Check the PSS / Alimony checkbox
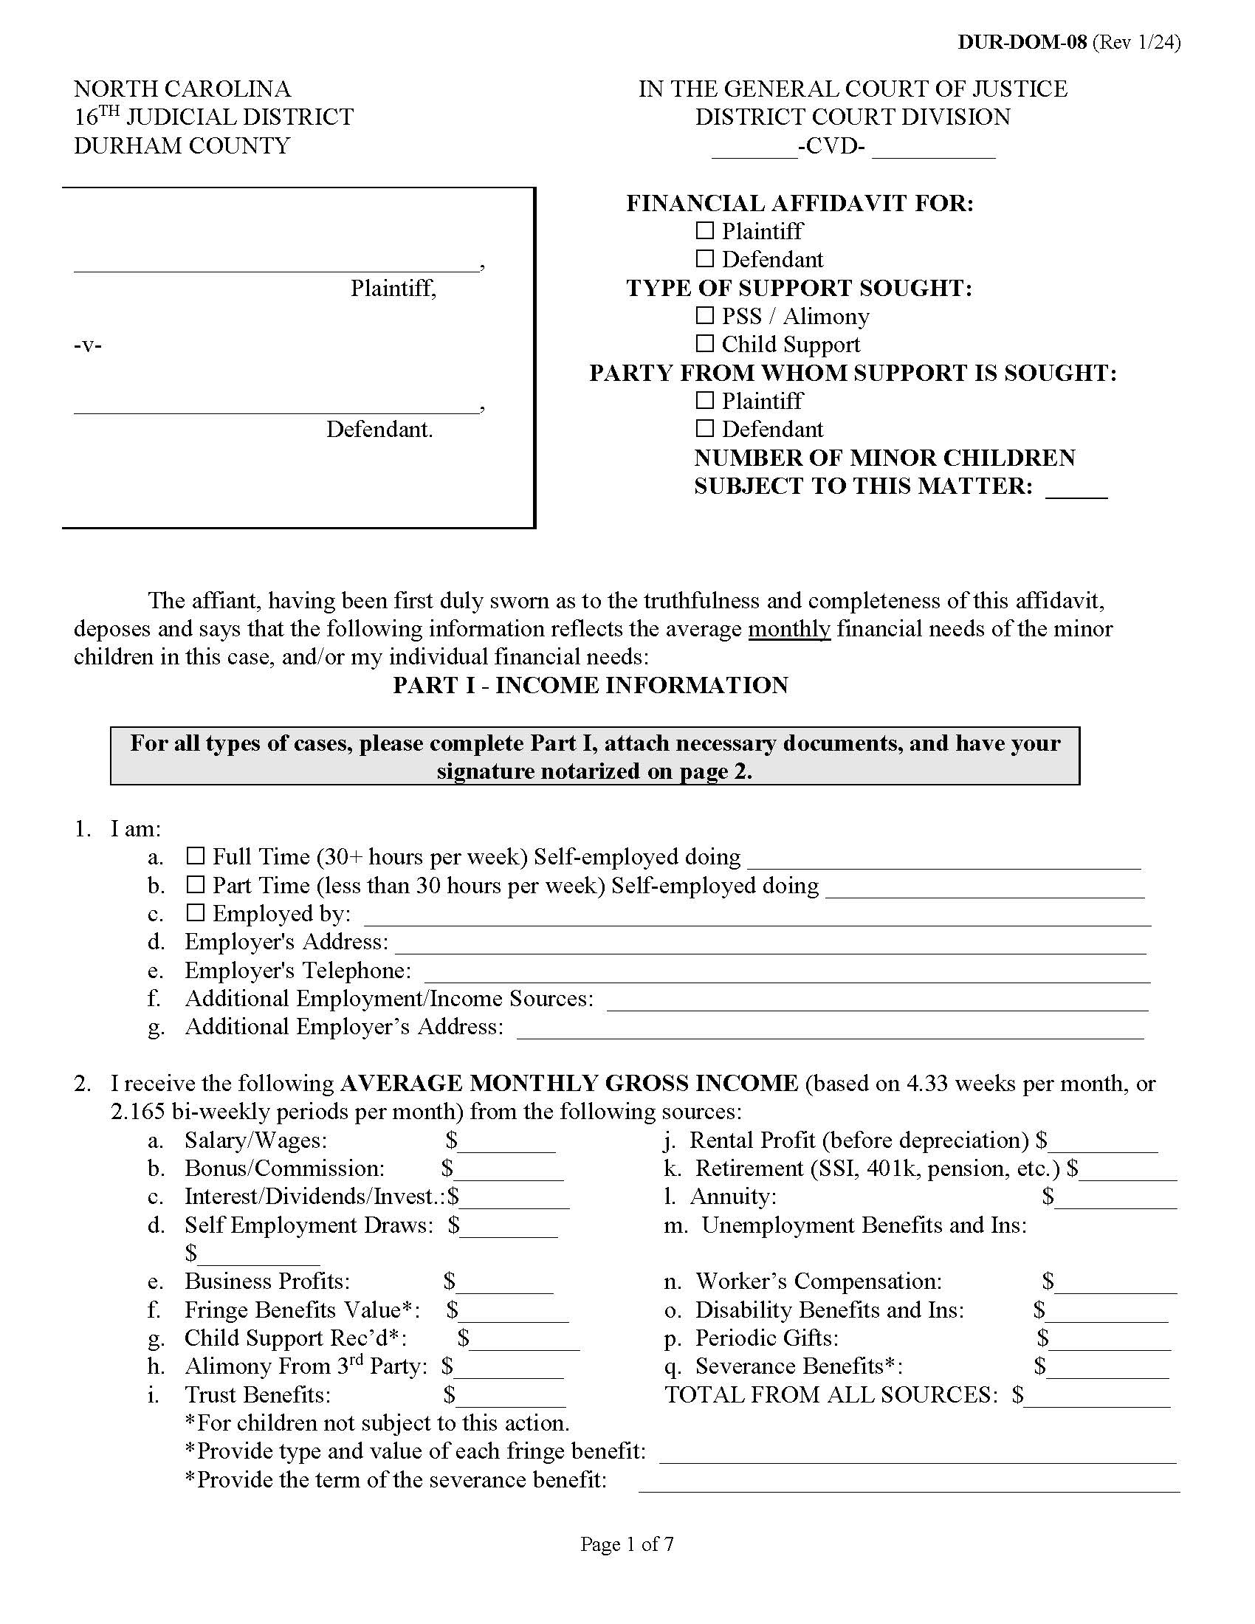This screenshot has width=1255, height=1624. [x=704, y=316]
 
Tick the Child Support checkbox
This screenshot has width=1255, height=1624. [x=704, y=344]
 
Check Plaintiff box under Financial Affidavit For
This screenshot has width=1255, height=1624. [x=704, y=231]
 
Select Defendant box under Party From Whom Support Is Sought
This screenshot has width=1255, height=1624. [x=704, y=429]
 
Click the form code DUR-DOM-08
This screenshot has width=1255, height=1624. [x=1022, y=42]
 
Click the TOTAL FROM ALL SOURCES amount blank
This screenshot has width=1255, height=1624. [x=1096, y=1397]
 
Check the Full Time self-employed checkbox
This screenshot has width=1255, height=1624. [x=195, y=856]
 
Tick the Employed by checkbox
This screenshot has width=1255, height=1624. [x=195, y=913]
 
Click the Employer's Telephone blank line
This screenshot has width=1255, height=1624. [x=787, y=973]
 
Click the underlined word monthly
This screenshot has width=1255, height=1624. [x=789, y=629]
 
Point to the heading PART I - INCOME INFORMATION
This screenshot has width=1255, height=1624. [x=591, y=685]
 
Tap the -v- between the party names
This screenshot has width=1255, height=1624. [x=88, y=345]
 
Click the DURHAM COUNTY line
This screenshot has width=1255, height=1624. [x=182, y=145]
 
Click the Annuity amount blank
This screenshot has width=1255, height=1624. [x=1115, y=1199]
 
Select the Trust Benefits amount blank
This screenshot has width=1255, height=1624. [x=511, y=1397]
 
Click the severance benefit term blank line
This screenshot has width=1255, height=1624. [x=909, y=1482]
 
